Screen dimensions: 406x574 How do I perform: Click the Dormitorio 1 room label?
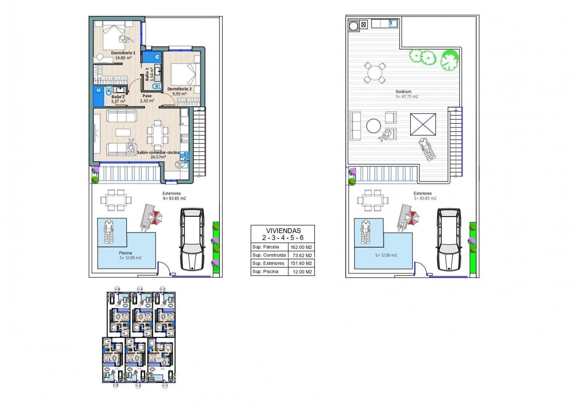click(x=123, y=53)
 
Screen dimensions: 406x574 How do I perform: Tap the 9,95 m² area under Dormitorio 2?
click(x=179, y=94)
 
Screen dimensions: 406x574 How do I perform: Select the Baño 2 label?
click(x=118, y=97)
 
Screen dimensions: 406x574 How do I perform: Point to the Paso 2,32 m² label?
click(x=147, y=98)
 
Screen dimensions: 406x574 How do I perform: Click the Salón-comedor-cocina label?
click(x=158, y=153)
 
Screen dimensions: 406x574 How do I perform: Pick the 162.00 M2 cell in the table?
click(x=301, y=247)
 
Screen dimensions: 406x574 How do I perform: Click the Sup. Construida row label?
click(x=269, y=255)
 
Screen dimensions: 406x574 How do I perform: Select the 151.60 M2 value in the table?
click(x=301, y=263)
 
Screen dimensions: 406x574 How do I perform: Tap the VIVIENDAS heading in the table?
click(x=283, y=230)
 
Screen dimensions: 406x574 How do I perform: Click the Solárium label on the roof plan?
click(x=404, y=92)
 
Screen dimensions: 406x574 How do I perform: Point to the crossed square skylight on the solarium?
click(x=423, y=124)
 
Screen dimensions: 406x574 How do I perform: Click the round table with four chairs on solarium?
click(x=375, y=73)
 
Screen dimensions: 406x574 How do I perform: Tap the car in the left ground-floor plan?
click(x=192, y=239)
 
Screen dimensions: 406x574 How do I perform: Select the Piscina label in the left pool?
click(x=125, y=253)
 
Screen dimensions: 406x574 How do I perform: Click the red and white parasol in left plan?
click(x=156, y=217)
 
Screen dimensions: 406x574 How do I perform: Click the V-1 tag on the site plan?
click(x=165, y=386)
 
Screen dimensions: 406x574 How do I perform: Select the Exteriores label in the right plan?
click(x=423, y=193)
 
